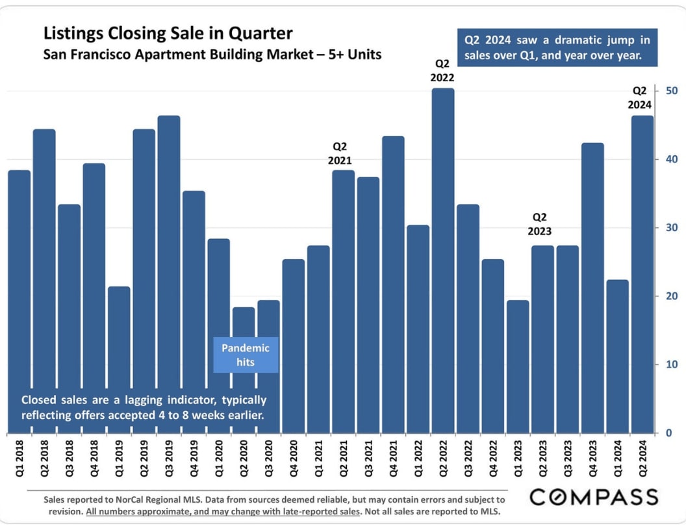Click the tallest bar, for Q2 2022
[x=443, y=260]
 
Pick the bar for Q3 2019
[x=169, y=273]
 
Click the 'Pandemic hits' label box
[x=246, y=355]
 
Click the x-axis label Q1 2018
[x=19, y=460]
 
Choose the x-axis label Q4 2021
[x=394, y=460]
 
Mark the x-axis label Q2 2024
[x=642, y=460]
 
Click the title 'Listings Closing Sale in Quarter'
[x=168, y=33]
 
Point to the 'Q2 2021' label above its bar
[x=343, y=153]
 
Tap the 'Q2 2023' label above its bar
[x=542, y=223]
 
